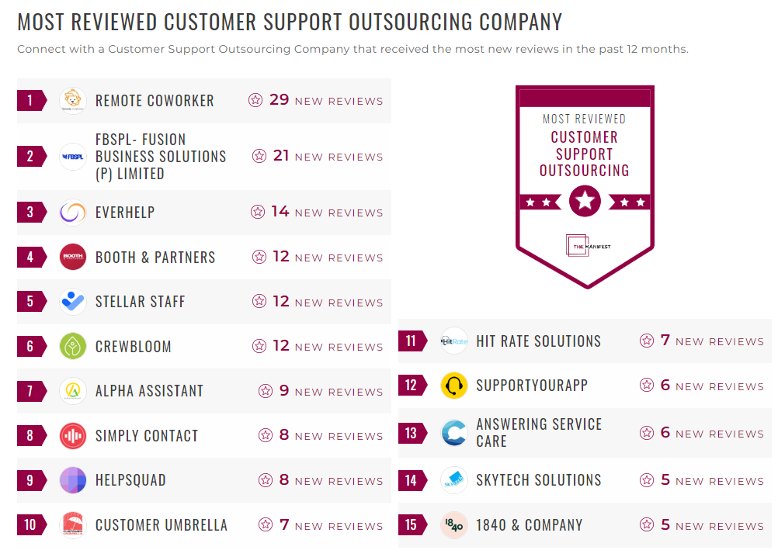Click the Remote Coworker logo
[73, 101]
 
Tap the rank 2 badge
[31, 157]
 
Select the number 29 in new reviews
[279, 100]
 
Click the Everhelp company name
[125, 213]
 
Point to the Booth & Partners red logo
[73, 257]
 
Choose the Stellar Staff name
[140, 302]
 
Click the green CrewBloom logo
[73, 346]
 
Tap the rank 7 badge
[31, 391]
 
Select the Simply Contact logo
[73, 436]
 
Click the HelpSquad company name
[130, 480]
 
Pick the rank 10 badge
[31, 525]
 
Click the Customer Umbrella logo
[73, 525]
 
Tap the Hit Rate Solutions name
[538, 341]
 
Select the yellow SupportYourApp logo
[453, 386]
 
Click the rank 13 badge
[412, 434]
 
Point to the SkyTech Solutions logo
[453, 480]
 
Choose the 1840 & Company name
[529, 525]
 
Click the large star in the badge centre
[585, 202]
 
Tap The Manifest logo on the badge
[587, 245]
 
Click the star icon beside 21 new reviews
[259, 156]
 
